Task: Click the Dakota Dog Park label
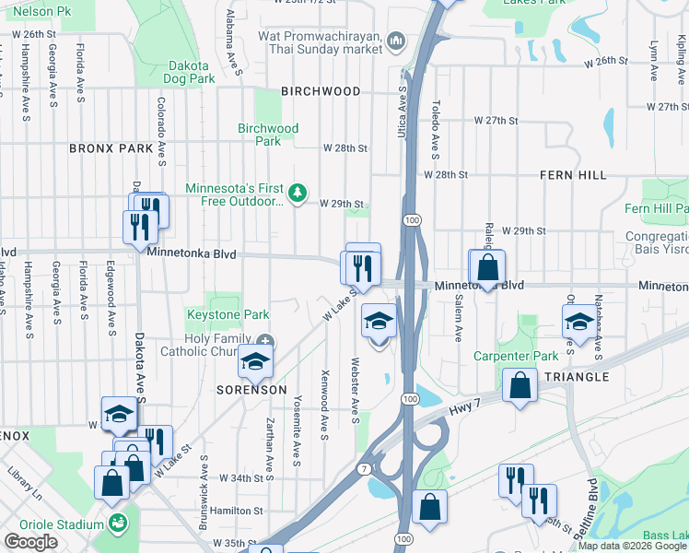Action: tap(191, 73)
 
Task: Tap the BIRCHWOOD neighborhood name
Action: tap(321, 92)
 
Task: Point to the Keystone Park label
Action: tap(228, 315)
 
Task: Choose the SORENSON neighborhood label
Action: tap(251, 390)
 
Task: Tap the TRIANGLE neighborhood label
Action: tap(577, 377)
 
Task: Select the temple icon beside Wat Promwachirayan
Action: tap(397, 41)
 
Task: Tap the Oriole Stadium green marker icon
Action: tap(117, 524)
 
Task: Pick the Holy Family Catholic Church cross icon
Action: tap(265, 341)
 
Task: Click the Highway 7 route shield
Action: tap(366, 469)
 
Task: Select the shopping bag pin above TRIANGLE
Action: tap(520, 385)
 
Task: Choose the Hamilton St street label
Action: tap(237, 511)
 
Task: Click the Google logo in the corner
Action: tap(31, 542)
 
